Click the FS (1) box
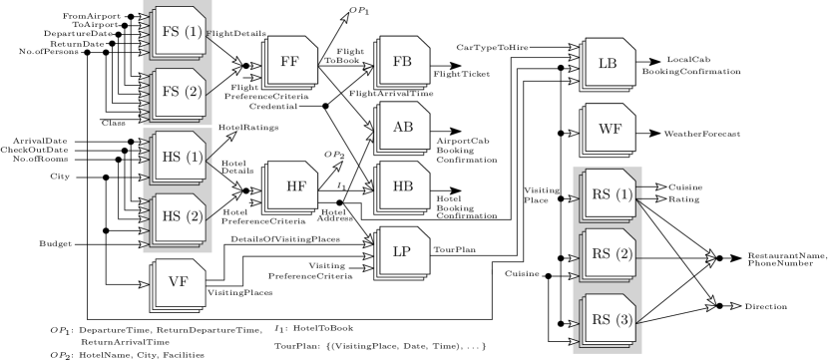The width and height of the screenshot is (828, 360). click(x=180, y=32)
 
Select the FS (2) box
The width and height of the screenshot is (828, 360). click(x=180, y=94)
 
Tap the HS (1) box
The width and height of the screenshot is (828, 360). click(x=180, y=158)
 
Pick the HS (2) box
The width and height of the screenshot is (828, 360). click(x=180, y=217)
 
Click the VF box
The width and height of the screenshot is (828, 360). click(x=178, y=283)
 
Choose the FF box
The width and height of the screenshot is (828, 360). click(x=290, y=63)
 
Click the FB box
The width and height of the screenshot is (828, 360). click(x=402, y=62)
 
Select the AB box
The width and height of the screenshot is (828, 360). click(x=402, y=127)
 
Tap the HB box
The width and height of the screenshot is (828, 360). click(x=402, y=186)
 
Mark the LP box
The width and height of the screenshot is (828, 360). click(x=402, y=252)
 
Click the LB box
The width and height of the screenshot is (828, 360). click(x=608, y=63)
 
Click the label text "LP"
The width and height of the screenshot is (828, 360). click(x=402, y=252)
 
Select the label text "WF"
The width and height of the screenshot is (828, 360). click(x=609, y=128)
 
